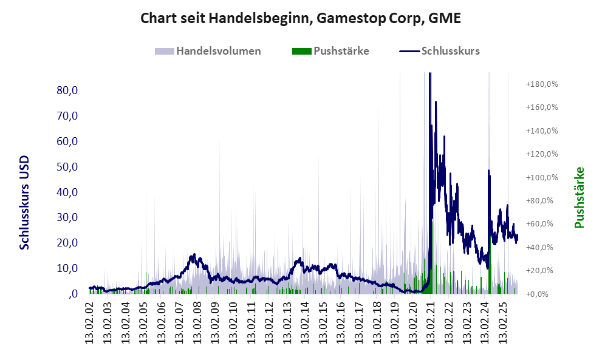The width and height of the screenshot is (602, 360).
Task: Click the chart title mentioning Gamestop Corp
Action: (301, 18)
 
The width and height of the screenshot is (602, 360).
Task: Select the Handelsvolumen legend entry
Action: (219, 51)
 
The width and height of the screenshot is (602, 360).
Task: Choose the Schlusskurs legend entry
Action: (450, 51)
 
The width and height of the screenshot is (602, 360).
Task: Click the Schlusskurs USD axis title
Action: (25, 203)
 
